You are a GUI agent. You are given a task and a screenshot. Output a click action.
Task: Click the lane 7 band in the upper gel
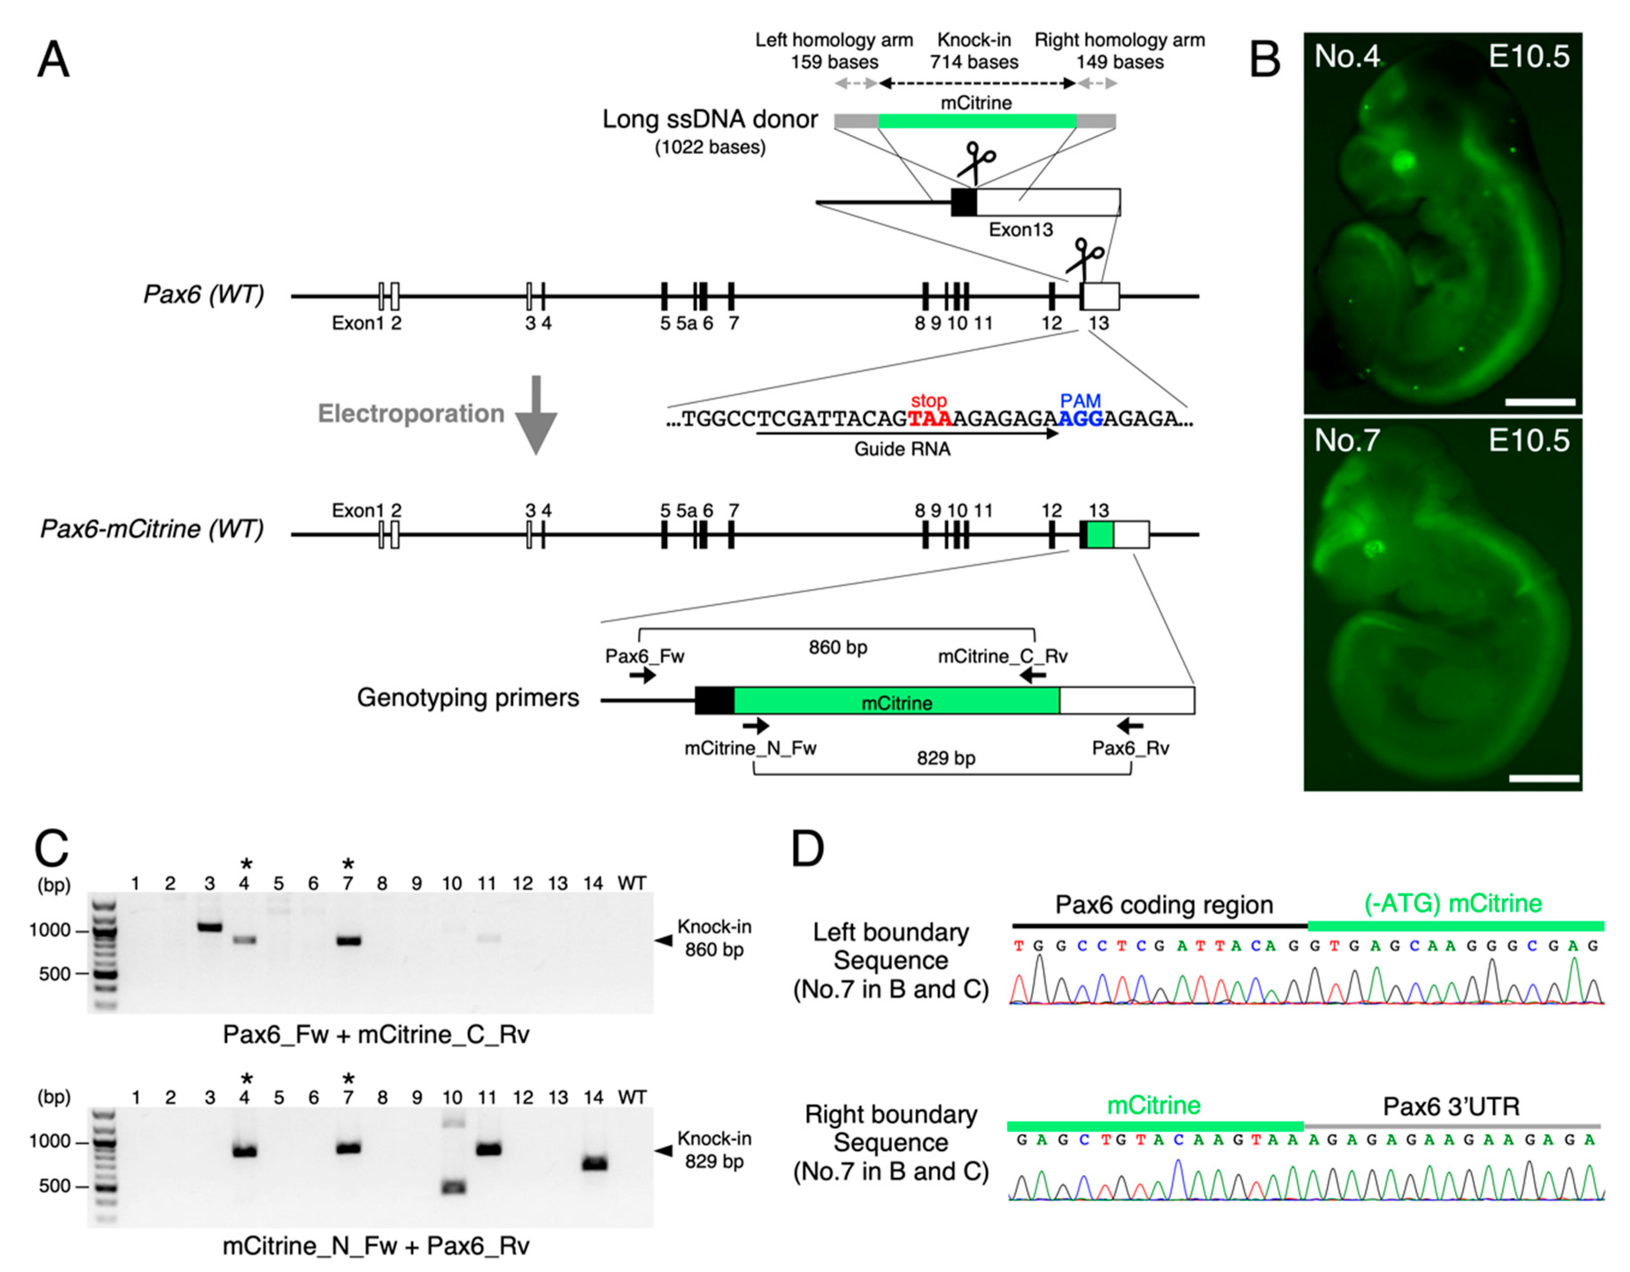tap(348, 941)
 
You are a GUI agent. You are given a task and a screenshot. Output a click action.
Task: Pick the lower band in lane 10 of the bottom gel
tap(452, 1187)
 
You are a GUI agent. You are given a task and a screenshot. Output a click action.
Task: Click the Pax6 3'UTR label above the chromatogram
tap(1451, 1106)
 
